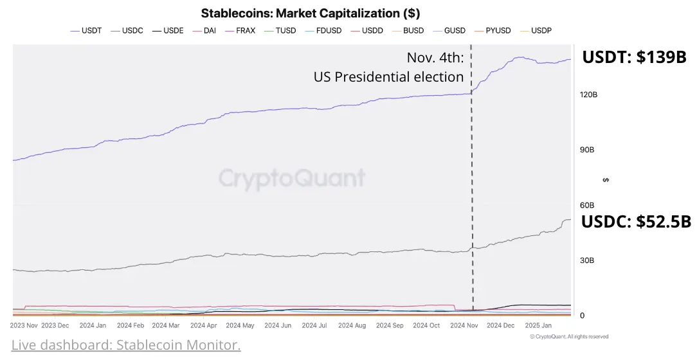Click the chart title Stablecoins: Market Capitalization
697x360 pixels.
click(x=311, y=14)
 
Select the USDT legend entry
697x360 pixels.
click(x=86, y=31)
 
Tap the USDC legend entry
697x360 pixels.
click(x=127, y=31)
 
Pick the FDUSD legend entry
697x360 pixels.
click(x=323, y=31)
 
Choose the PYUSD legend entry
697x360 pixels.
click(x=493, y=31)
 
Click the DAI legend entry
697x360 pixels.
click(x=204, y=31)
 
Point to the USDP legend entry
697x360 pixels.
click(x=536, y=31)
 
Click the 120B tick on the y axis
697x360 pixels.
click(x=588, y=94)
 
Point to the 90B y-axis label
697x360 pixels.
click(x=587, y=150)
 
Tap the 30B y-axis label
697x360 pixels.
click(x=587, y=260)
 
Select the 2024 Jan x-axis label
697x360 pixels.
click(x=93, y=325)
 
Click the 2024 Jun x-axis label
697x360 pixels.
click(x=278, y=325)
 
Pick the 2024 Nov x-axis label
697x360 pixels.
click(x=464, y=325)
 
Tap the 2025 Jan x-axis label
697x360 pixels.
click(x=538, y=325)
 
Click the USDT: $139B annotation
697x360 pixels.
click(x=635, y=57)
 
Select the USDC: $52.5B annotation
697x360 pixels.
click(x=636, y=221)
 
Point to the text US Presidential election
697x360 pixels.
click(x=388, y=77)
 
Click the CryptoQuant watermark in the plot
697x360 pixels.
click(x=292, y=179)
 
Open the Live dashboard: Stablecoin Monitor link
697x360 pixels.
click(x=126, y=345)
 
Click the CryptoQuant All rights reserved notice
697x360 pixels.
click(x=569, y=337)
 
